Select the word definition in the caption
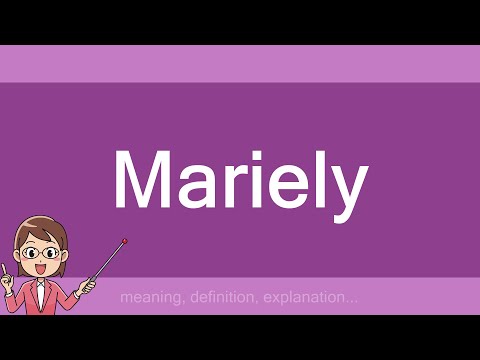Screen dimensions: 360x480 pos(217,297)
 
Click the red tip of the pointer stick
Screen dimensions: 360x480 pos(124,240)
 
